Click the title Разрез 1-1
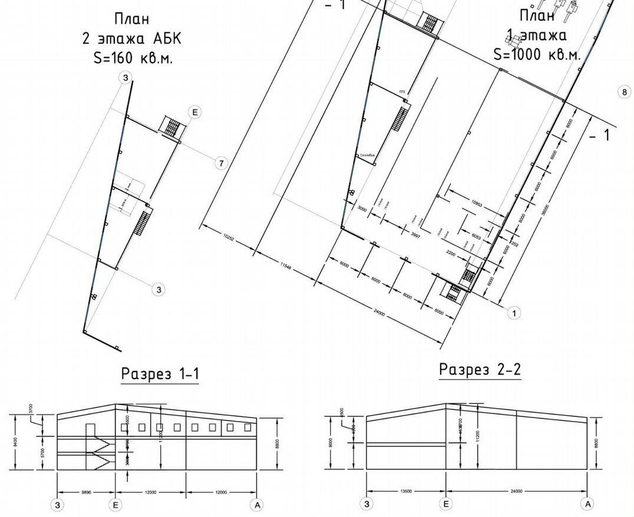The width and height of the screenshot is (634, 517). pos(160,374)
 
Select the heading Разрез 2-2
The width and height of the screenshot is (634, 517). pos(480,370)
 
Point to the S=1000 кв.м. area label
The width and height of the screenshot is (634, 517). pos(537,54)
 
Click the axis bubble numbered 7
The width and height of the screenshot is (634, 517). pos(221,163)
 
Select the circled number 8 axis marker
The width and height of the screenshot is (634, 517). pos(625,92)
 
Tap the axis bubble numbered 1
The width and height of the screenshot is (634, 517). pos(513,313)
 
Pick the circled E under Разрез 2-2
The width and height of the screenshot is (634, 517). pos(446,503)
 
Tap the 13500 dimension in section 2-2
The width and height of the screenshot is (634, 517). pos(405,491)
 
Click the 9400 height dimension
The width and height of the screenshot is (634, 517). pos(15,442)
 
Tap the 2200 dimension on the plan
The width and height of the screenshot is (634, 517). pos(452,253)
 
